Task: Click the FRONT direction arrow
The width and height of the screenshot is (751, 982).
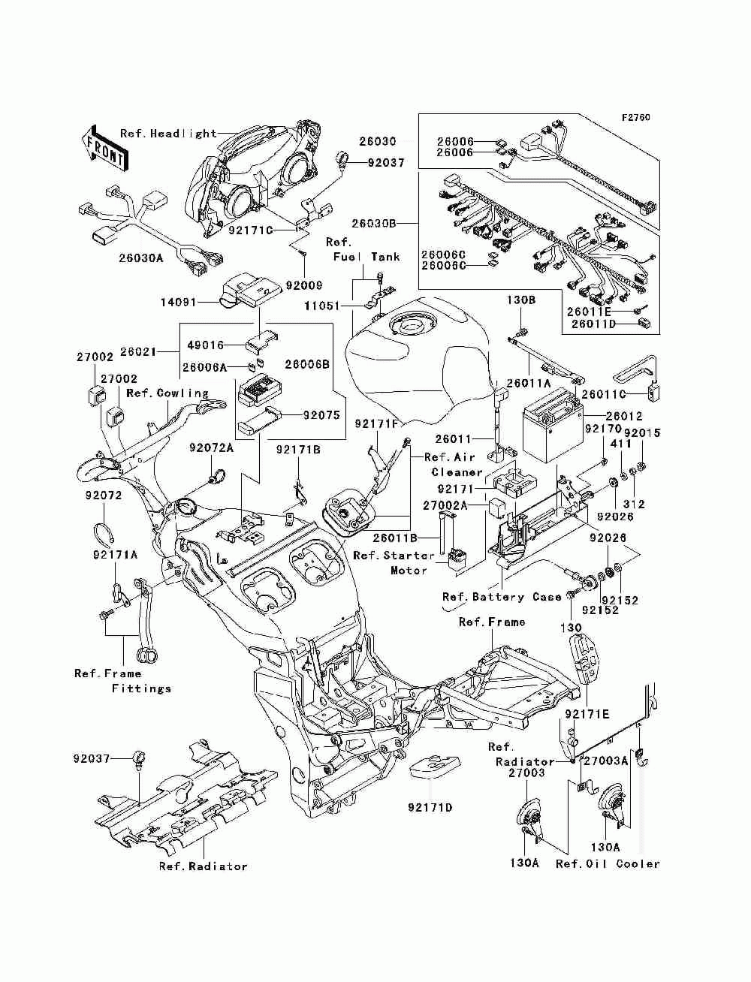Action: click(104, 149)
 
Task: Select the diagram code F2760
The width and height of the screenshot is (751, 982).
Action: click(636, 118)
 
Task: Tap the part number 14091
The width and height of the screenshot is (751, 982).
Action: click(179, 303)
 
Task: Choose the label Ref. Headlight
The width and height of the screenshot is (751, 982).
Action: click(169, 134)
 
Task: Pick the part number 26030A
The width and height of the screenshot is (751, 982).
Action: click(141, 258)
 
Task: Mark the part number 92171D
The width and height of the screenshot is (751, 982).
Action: click(430, 808)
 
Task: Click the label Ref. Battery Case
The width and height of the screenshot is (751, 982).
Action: click(502, 596)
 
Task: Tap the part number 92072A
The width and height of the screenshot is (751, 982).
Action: click(211, 447)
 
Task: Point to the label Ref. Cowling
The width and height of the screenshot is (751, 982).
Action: click(167, 393)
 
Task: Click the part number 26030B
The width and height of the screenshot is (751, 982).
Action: click(374, 223)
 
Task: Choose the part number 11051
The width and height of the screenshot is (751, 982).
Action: click(322, 306)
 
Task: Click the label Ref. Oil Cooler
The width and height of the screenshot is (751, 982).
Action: click(608, 864)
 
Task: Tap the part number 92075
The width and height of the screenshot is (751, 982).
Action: click(321, 415)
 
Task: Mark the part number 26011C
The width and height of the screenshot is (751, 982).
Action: click(605, 394)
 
